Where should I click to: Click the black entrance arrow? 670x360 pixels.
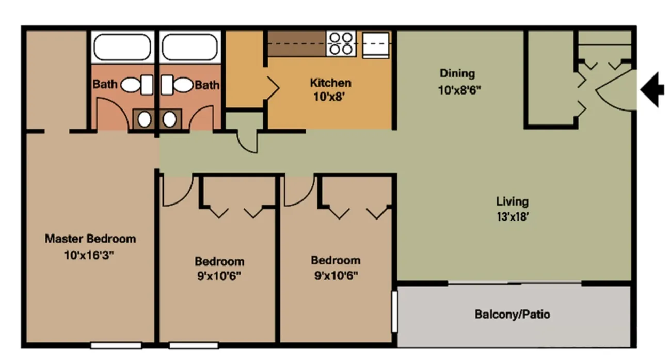pos(651,89)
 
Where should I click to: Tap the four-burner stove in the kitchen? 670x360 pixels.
pos(341,44)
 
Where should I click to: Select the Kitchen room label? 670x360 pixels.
pos(330,83)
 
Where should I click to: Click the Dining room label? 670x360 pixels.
pos(457,73)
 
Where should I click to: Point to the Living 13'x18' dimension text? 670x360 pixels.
pos(513,216)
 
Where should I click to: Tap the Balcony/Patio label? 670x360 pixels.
pos(513,314)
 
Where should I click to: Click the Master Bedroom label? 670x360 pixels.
pos(90,239)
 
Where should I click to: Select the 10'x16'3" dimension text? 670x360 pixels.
pos(89,255)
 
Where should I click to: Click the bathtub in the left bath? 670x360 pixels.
pos(122,47)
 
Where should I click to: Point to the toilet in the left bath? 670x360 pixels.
pos(137,85)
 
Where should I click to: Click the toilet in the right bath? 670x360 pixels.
pos(177,85)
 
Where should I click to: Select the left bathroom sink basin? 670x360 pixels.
pos(145,120)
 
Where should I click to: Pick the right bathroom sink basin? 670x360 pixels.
pos(170,120)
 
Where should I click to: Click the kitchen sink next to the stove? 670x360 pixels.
pos(376,45)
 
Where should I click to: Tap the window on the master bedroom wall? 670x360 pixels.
pos(116,346)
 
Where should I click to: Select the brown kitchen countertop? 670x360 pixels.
pos(296,44)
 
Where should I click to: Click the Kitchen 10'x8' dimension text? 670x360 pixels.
pos(329,97)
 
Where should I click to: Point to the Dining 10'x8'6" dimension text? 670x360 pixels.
pos(459,90)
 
